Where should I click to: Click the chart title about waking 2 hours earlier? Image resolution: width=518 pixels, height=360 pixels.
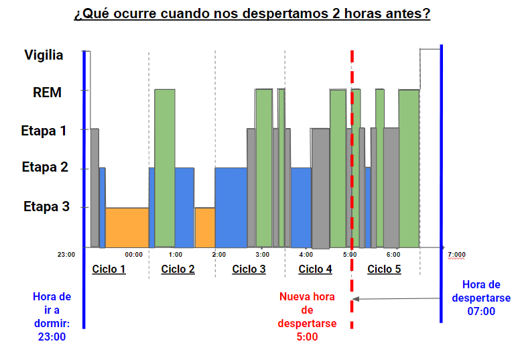click(252, 13)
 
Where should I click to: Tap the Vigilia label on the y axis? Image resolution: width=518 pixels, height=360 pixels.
click(44, 55)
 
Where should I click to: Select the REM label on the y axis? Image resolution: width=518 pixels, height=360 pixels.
click(47, 93)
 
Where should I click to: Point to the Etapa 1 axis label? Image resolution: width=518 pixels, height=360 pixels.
click(44, 131)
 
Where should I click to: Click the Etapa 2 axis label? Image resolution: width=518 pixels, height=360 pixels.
click(45, 167)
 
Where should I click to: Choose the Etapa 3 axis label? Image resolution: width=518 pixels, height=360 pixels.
click(46, 206)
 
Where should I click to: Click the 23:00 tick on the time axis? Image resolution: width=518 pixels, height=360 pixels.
click(66, 255)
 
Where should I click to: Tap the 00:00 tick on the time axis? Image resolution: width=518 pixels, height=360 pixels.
click(134, 255)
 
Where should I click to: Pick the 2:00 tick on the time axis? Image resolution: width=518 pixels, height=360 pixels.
click(218, 255)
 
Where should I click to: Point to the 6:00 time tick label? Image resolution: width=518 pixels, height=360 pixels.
click(393, 255)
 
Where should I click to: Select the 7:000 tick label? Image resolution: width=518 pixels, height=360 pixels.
click(456, 255)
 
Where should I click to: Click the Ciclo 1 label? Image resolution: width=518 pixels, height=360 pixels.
click(109, 269)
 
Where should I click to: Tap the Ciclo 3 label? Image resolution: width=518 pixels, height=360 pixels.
click(249, 269)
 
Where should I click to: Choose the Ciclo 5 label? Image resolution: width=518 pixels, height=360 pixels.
click(384, 269)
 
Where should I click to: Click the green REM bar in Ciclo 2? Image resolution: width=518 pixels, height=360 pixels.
click(165, 168)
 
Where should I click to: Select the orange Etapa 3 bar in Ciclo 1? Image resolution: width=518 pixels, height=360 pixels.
click(127, 227)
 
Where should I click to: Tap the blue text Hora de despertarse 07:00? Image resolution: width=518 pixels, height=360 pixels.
click(481, 298)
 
